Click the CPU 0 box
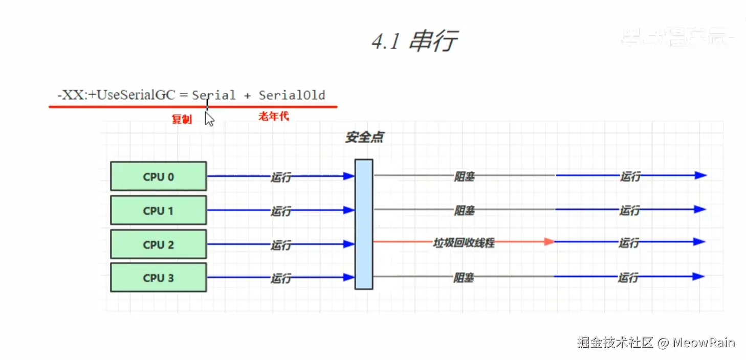(159, 176)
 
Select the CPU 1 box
(159, 210)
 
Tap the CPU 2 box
(159, 244)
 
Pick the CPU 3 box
(159, 278)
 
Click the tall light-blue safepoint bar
(364, 224)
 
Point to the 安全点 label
(364, 138)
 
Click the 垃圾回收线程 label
(464, 243)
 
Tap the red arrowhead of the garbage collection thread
(550, 241)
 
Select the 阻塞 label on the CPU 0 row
(464, 176)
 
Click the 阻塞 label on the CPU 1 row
(464, 210)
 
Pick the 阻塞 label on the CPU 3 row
(464, 278)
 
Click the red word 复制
(181, 119)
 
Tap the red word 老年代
(274, 117)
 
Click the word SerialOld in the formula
(292, 95)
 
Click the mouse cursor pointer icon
(209, 119)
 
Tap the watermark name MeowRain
(704, 343)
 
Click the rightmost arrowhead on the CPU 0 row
(700, 175)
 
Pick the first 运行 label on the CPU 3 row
(280, 278)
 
